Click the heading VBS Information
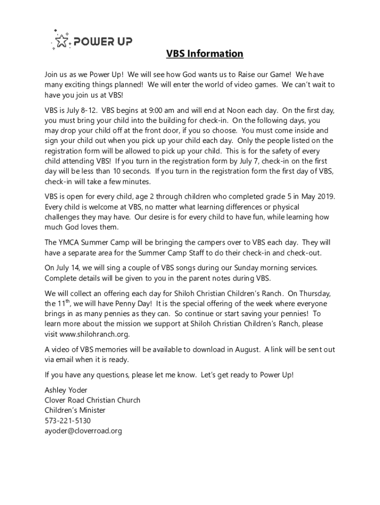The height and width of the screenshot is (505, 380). (x=204, y=53)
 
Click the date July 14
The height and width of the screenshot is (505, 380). (x=67, y=268)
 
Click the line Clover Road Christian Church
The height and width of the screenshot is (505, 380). (x=92, y=400)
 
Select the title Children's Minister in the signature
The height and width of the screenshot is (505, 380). (x=75, y=410)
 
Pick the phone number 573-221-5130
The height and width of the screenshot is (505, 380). (x=68, y=421)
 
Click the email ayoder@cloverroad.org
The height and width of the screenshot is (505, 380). (x=83, y=431)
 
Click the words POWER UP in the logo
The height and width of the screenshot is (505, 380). (x=103, y=41)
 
